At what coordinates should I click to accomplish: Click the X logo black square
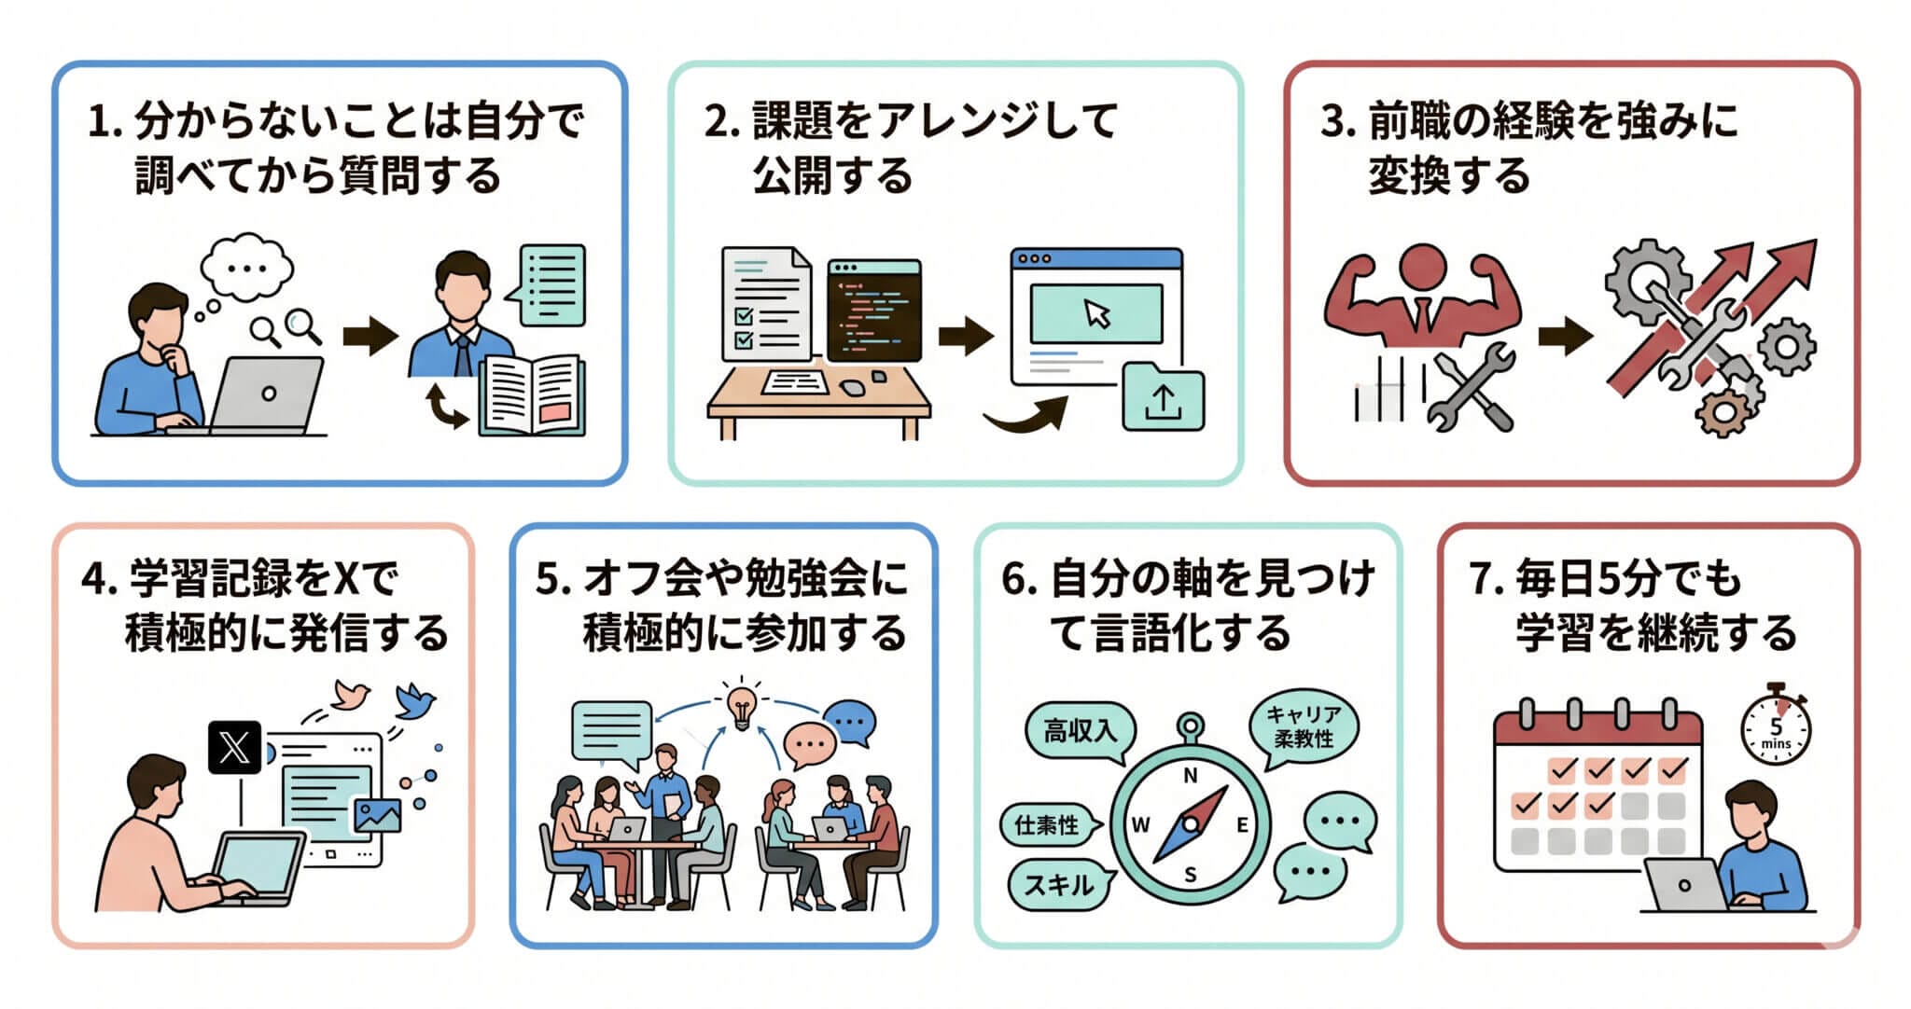234,747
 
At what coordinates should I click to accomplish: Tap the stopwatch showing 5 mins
1776,730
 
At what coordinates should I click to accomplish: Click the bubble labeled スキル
1059,884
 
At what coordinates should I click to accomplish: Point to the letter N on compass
1190,776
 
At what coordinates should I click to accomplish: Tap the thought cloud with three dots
246,268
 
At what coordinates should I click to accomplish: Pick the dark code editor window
874,311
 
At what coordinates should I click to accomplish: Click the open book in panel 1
532,397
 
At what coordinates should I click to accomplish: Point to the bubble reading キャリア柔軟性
1304,727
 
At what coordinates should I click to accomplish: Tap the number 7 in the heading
1481,579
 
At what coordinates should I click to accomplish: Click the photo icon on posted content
377,815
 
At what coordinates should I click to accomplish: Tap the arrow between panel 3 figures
1564,337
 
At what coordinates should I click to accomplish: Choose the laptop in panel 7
1685,885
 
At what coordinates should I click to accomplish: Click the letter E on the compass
1242,824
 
